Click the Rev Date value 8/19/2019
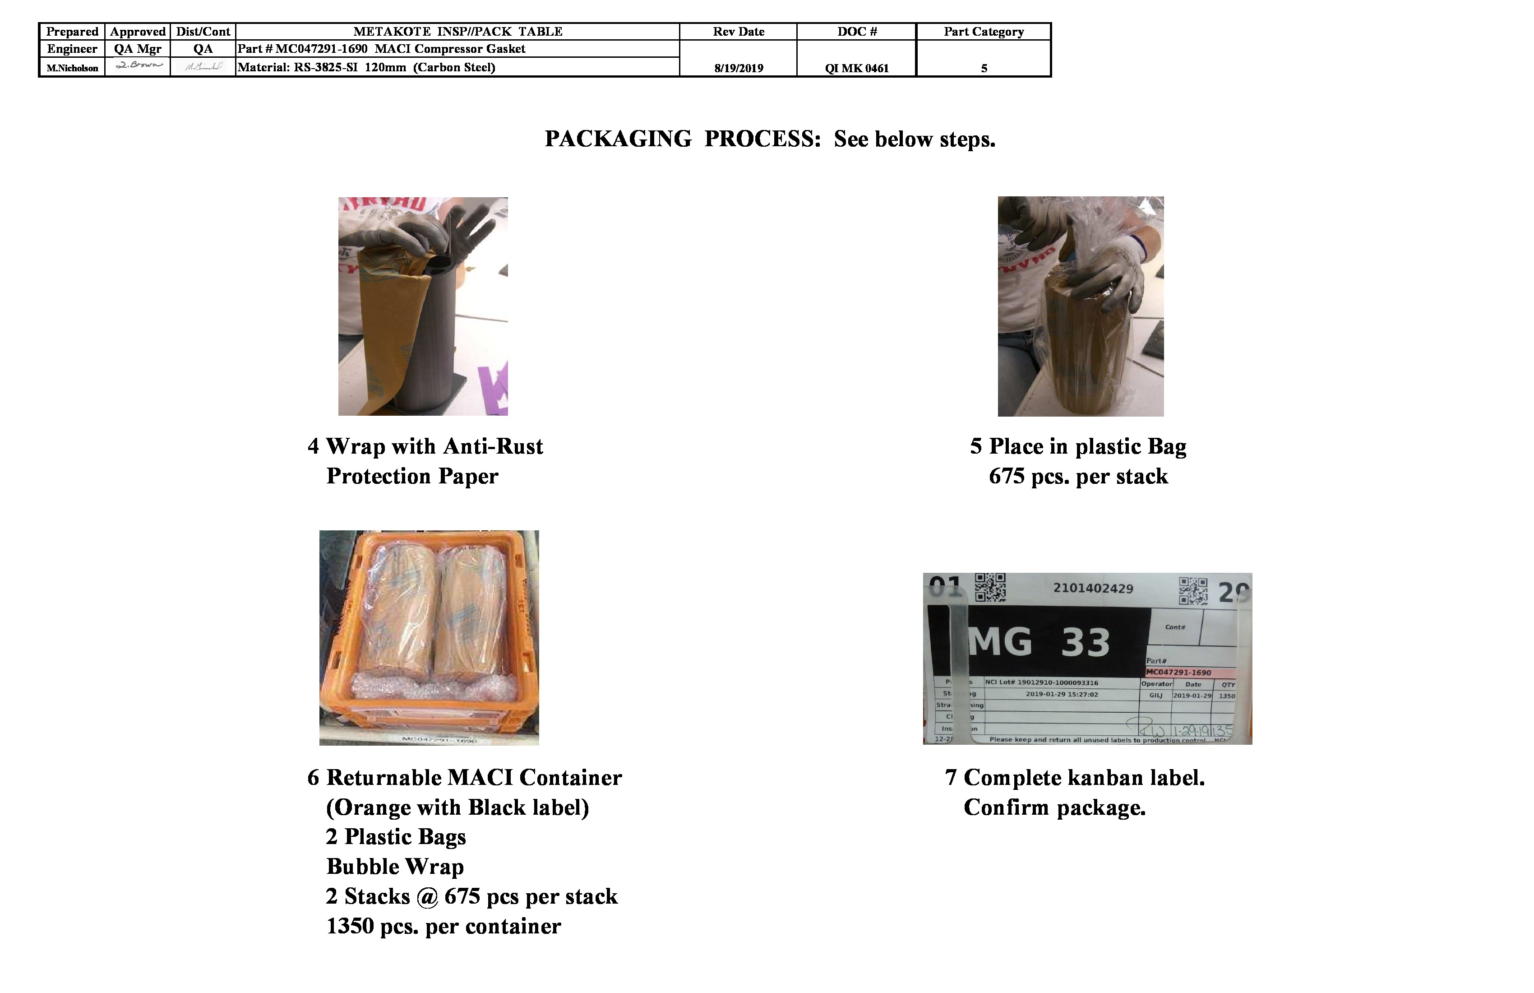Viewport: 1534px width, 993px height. click(x=738, y=68)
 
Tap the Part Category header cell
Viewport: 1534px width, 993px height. click(x=984, y=32)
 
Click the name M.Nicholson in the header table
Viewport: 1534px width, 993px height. click(x=72, y=68)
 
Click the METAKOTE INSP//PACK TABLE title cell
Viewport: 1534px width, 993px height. click(x=457, y=32)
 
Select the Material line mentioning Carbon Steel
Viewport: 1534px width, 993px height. click(x=366, y=67)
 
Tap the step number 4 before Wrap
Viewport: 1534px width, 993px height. click(x=313, y=446)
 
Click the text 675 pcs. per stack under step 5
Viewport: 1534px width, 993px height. click(x=1078, y=477)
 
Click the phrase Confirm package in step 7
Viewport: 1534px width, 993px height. click(x=1054, y=807)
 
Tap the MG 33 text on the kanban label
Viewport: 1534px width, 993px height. click(x=1039, y=642)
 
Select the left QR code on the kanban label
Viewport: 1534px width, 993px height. click(x=989, y=587)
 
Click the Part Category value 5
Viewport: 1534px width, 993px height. click(x=984, y=68)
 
